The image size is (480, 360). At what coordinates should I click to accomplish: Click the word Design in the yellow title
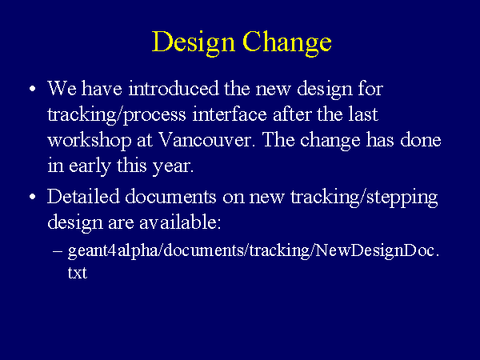coord(194,42)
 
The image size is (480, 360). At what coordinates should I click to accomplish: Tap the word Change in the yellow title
coord(287,42)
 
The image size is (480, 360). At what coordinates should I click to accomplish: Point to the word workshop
coord(90,141)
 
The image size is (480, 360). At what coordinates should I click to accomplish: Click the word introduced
coord(174,89)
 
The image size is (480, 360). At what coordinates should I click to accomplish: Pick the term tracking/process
coord(117,115)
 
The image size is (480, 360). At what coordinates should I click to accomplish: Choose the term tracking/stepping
coord(364,198)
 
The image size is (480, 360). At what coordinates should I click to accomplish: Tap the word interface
coord(230,114)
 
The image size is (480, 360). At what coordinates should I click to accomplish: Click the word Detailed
coord(83,196)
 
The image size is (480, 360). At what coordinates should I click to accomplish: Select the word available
coord(180,222)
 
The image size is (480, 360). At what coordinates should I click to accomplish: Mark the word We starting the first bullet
coord(62,89)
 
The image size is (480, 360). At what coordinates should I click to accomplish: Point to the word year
coord(173,167)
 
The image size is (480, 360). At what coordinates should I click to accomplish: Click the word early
coord(90,167)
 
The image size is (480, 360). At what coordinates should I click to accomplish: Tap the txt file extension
coord(78,273)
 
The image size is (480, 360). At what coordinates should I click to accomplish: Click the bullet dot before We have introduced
coord(33,89)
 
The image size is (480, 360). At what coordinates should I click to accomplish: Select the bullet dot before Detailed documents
coord(33,197)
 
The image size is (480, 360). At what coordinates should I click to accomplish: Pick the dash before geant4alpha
coord(58,250)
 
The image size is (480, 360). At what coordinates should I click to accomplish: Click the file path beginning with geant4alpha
coord(254,262)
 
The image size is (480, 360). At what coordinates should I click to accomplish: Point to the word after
coord(292,114)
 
